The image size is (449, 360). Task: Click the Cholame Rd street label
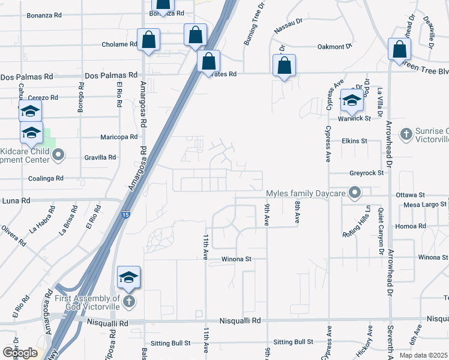pos(120,44)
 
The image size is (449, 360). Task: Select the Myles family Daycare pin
pos(355,193)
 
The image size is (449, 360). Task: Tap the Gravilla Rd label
pos(100,157)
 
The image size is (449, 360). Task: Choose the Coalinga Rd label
pos(46,178)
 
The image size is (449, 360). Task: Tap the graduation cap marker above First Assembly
pos(128,278)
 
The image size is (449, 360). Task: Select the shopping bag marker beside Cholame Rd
pos(148,41)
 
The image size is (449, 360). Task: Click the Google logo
pos(20,353)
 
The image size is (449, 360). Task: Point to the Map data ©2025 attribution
pos(423,355)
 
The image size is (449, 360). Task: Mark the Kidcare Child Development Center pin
pos(58,156)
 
